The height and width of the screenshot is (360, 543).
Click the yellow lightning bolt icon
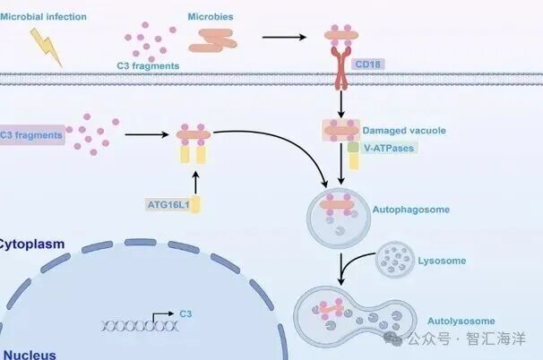(47, 47)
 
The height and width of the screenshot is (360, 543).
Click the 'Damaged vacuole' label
(403, 131)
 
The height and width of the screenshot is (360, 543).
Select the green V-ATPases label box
(387, 147)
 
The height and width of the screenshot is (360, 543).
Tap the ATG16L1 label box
(169, 204)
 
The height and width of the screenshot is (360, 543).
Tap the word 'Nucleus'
(28, 354)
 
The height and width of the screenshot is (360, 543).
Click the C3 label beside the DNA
(185, 313)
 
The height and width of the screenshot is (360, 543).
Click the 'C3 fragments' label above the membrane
(149, 65)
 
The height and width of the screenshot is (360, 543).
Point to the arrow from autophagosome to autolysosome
(341, 266)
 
